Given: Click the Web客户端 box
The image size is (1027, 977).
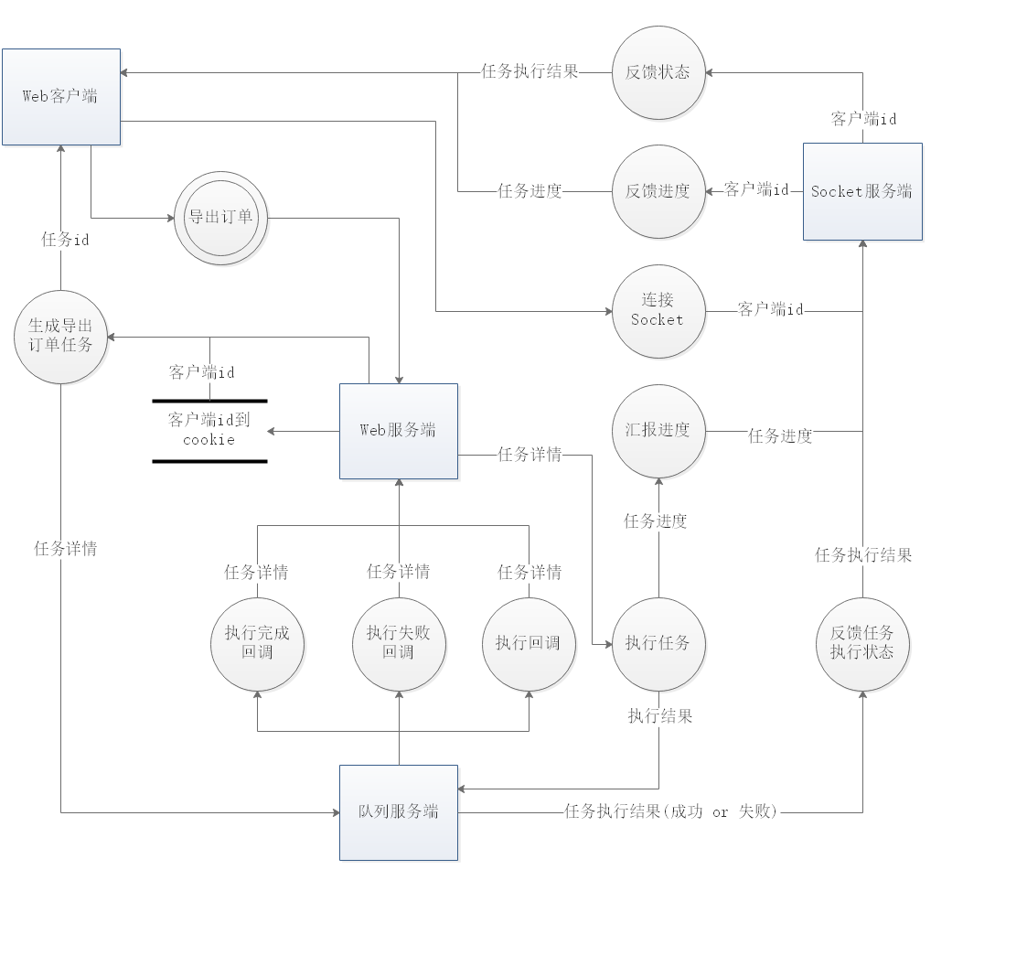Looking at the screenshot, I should [61, 97].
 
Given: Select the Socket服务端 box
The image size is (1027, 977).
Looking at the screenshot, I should [862, 192].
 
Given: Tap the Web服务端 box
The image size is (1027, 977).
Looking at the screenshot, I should [399, 431].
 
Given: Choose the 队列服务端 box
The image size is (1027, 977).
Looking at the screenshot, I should [399, 812].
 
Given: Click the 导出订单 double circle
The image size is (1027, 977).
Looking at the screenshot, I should [220, 219].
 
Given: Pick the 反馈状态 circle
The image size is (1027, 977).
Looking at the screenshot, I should [658, 72].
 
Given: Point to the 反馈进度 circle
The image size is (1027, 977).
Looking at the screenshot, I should [658, 191].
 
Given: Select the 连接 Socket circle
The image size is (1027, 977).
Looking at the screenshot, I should [658, 310].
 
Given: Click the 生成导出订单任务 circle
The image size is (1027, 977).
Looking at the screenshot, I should [61, 338].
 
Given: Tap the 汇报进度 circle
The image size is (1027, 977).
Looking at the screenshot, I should [658, 431].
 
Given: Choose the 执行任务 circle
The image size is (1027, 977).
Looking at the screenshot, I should [658, 644].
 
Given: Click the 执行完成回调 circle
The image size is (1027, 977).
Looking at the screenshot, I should [258, 644].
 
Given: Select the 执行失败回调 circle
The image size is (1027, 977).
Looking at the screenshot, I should [399, 644].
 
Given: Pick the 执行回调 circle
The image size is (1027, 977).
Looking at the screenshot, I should [529, 644].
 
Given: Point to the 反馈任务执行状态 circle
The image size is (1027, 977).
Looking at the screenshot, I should [862, 644].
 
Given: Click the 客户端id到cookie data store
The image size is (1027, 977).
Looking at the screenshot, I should [209, 431].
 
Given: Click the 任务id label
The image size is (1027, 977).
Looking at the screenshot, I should [65, 240].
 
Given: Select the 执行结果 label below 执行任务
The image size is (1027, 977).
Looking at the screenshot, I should [659, 716].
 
